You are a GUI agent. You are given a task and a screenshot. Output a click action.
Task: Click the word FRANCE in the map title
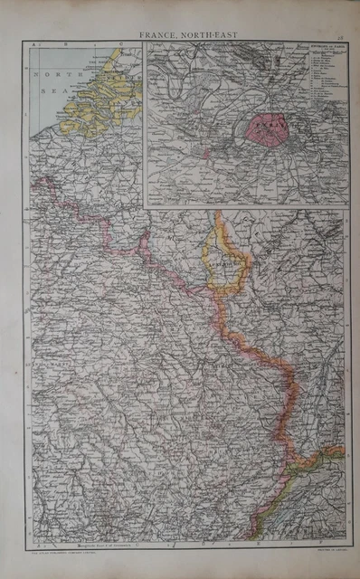point(158,35)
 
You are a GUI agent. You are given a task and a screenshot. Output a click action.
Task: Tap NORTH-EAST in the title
point(200,35)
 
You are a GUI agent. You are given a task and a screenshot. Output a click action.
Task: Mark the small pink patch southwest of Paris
point(207,154)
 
